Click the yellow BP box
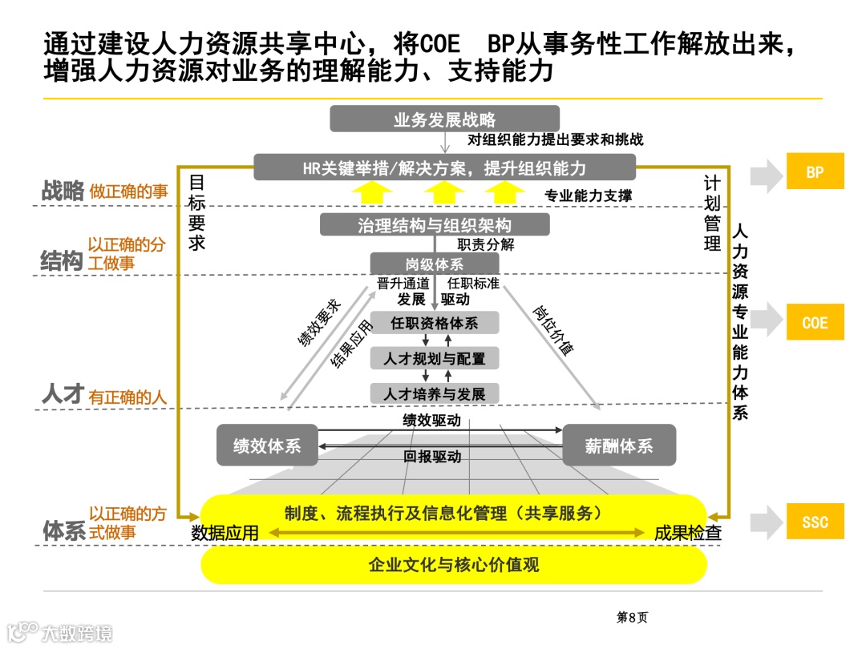815,171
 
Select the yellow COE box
815,322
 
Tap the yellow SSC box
815,522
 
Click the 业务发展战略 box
445,119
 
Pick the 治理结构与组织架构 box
435,224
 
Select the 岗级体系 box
435,264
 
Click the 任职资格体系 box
435,323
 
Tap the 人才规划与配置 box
435,357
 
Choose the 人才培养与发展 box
435,393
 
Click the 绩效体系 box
267,445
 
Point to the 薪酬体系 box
619,445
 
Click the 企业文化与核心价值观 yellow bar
453,565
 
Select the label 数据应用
225,533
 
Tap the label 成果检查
688,533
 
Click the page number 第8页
632,617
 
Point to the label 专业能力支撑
588,196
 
